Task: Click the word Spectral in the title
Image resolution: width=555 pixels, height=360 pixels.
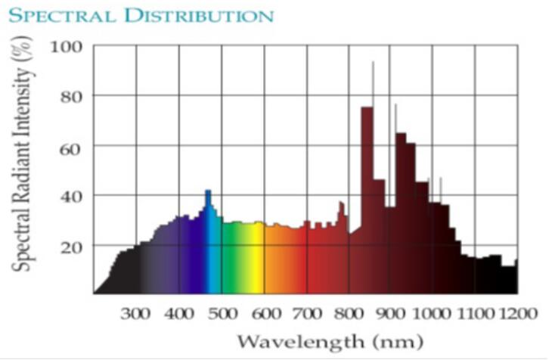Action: [53, 15]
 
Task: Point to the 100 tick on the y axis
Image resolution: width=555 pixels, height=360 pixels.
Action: [67, 47]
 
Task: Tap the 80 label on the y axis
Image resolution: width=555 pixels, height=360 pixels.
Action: [71, 96]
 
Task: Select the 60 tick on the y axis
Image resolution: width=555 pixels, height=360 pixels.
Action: [71, 146]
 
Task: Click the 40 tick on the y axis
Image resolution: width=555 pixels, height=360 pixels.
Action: [71, 196]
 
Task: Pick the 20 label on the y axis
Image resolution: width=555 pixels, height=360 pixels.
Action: [71, 246]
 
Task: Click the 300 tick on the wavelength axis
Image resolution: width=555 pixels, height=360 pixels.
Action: [136, 312]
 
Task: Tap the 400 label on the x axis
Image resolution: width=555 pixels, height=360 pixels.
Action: [179, 312]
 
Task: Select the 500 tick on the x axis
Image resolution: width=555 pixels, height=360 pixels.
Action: [222, 312]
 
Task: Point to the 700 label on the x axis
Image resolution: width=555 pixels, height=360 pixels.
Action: [307, 312]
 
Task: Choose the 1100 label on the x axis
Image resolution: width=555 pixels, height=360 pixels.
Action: [476, 312]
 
